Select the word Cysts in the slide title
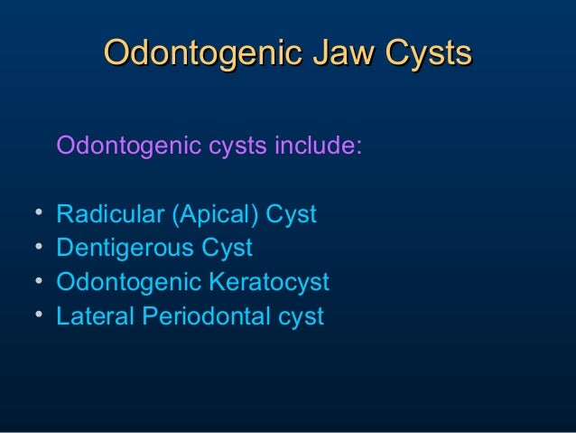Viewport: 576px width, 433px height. (427, 53)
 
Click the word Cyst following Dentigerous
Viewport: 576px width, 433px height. (225, 249)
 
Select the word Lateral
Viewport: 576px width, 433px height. (88, 316)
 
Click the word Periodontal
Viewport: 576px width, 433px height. (196, 316)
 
